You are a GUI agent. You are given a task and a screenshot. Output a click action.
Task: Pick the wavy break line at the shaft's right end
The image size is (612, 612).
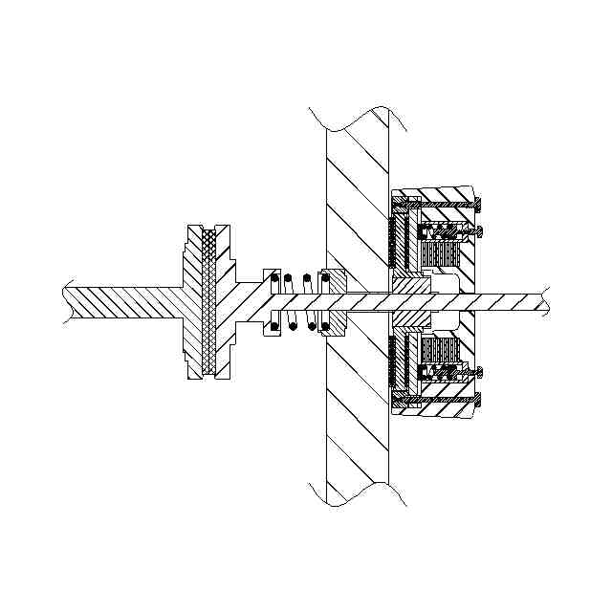click(x=546, y=299)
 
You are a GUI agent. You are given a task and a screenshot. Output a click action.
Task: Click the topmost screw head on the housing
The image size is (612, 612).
click(x=478, y=202)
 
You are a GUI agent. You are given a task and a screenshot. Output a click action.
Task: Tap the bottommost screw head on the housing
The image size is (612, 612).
click(x=478, y=398)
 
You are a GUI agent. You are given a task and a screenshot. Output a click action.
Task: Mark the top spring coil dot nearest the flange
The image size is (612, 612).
click(x=273, y=278)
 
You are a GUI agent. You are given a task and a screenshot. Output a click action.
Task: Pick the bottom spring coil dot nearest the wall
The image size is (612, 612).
click(x=325, y=327)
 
